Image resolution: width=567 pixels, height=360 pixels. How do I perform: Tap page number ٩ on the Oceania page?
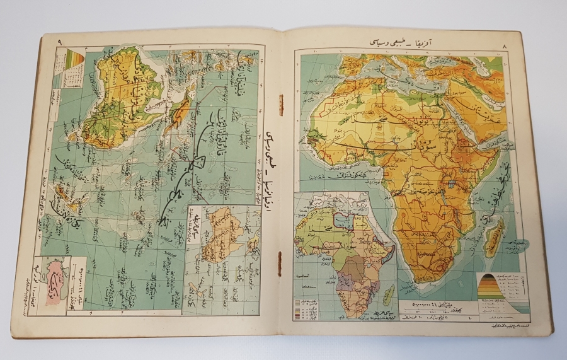pyautogui.click(x=59, y=42)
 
